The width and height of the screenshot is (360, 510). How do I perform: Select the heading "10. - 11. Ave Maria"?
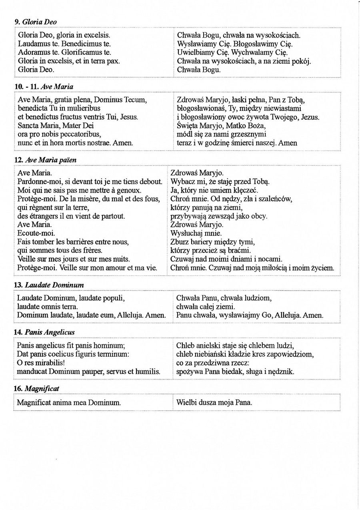click(x=44, y=86)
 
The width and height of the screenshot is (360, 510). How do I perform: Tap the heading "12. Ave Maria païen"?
click(x=45, y=159)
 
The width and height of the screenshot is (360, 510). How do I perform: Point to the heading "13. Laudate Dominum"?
click(x=48, y=285)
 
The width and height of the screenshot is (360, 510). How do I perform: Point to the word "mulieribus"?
click(x=83, y=108)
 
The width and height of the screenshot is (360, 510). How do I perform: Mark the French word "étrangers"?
click(x=43, y=216)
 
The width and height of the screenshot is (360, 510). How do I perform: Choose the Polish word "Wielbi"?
click(x=186, y=402)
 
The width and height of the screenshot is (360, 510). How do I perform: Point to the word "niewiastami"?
click(x=279, y=108)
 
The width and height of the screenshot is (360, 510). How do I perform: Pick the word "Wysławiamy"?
click(x=197, y=44)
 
